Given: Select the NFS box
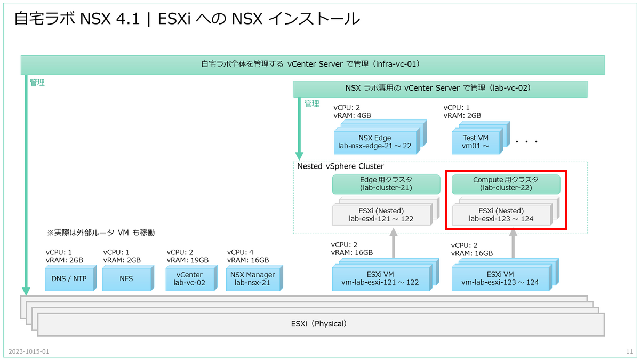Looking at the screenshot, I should (x=126, y=278).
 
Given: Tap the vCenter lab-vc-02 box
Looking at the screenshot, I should (x=189, y=278).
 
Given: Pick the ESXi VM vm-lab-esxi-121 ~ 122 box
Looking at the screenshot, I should (x=380, y=278).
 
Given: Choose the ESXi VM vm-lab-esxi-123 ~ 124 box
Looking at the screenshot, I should (x=500, y=278).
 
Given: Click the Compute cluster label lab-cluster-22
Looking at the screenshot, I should (x=506, y=184).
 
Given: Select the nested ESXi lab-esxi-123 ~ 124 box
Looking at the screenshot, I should (x=501, y=214).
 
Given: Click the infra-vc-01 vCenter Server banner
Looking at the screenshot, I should (x=312, y=65).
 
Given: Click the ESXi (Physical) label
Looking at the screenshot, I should (x=320, y=324).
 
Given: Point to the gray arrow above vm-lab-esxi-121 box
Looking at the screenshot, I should (x=393, y=243).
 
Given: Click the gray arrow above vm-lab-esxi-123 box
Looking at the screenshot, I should (x=513, y=243).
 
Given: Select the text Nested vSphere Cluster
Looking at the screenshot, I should (x=340, y=166).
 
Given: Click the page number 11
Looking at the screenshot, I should (x=628, y=352).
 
